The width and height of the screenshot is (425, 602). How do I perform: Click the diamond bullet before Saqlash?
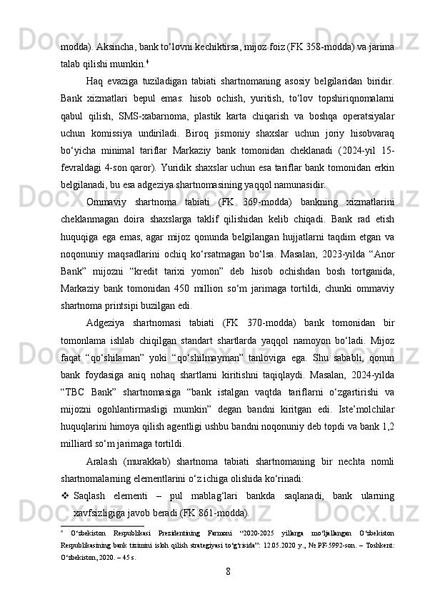tap(64, 495)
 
